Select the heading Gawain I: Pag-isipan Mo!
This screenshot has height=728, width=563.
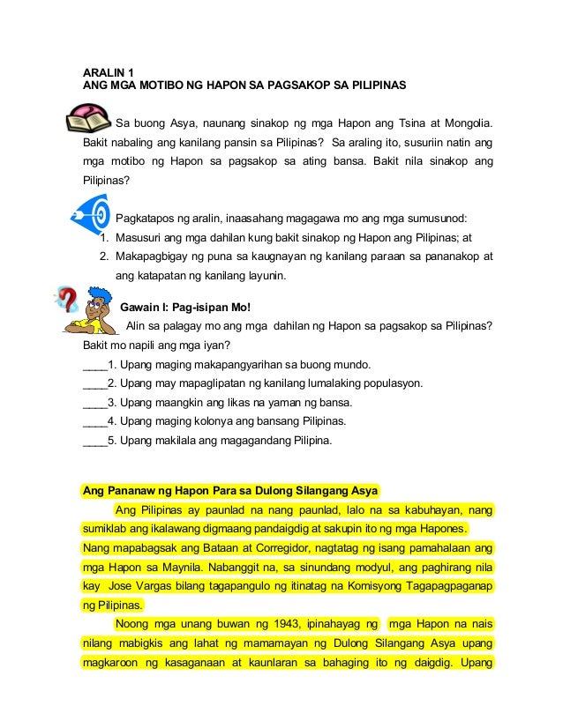coord(185,308)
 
